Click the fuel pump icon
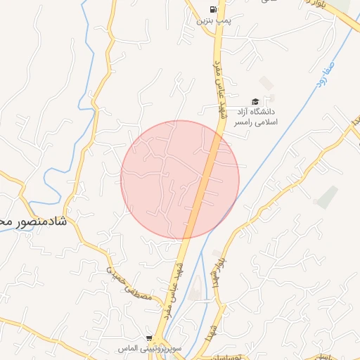point(212,10)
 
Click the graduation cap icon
point(255,101)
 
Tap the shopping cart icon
point(148,338)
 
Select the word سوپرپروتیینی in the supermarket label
point(157,349)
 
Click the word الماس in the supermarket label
point(127,349)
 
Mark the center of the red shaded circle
point(180,179)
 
